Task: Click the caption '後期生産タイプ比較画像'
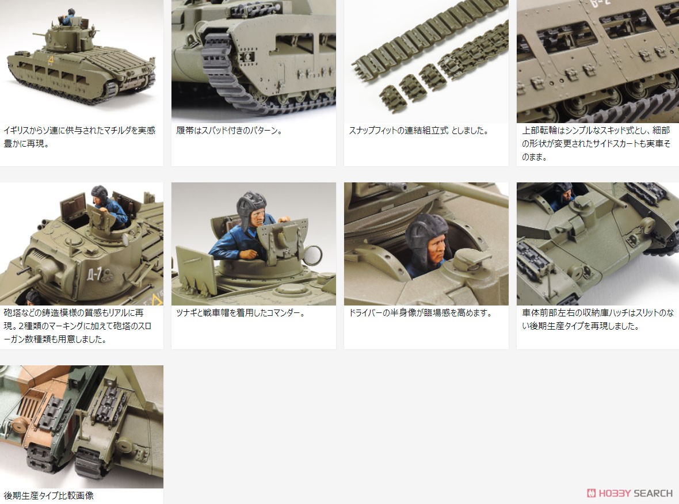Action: (x=48, y=495)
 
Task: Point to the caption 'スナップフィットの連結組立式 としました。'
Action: (x=418, y=131)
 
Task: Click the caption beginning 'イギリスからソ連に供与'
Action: (x=79, y=137)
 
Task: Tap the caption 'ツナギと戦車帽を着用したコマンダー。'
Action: (x=241, y=313)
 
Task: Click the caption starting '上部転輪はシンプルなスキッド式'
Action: (x=596, y=143)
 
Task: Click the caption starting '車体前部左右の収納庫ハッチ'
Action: (x=596, y=319)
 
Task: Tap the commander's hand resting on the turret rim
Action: (x=249, y=254)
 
